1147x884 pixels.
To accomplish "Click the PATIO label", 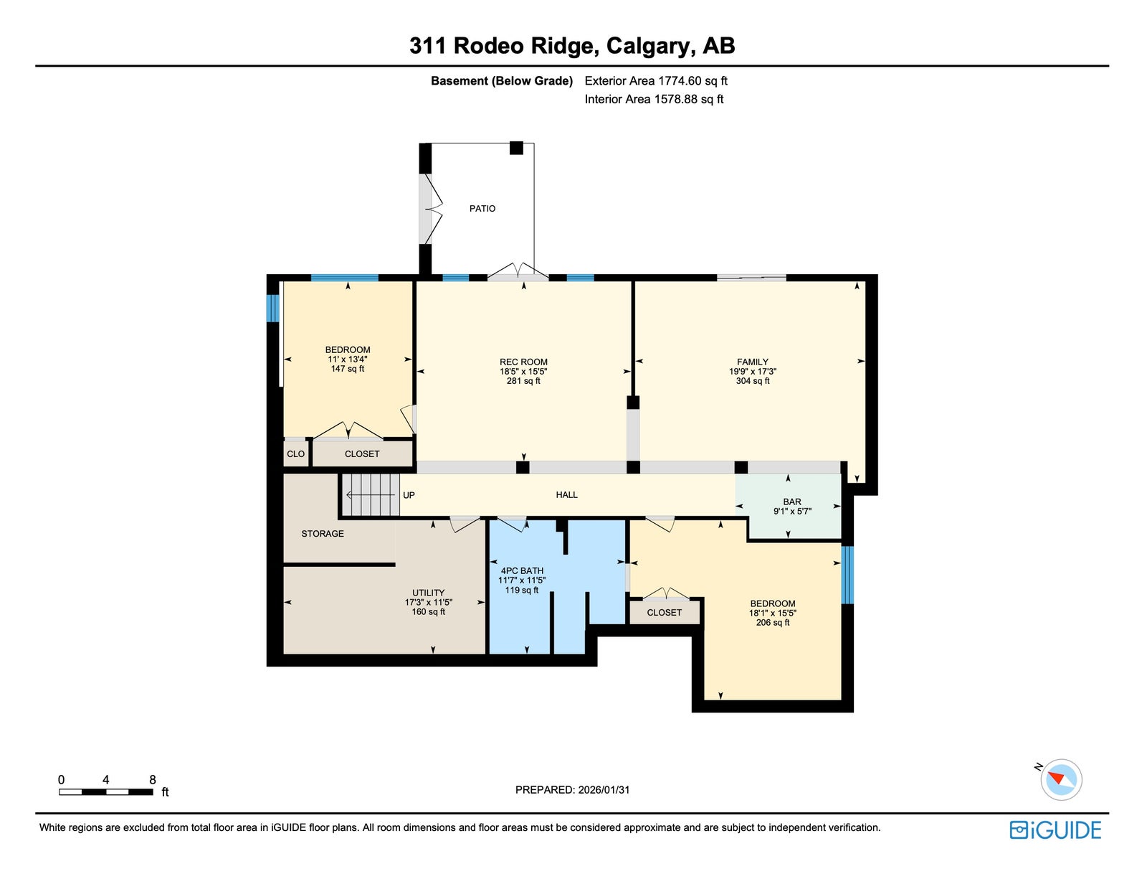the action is click(482, 209).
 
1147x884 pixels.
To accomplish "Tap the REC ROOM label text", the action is click(523, 362).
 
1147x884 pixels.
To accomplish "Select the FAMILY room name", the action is click(752, 362).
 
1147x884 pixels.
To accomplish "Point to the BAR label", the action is click(791, 502).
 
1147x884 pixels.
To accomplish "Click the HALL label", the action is click(566, 495).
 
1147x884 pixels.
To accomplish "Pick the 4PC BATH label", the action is click(521, 571).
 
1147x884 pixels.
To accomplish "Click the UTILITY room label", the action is click(428, 593).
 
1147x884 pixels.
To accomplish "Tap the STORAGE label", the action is click(322, 534).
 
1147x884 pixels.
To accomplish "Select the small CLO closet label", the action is click(295, 454).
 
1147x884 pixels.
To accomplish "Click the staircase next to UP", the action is click(371, 495).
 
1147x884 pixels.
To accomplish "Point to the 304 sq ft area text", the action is click(753, 381).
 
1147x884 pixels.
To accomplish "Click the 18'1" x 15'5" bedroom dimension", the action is click(772, 613).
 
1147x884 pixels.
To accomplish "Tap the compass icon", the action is click(1060, 780).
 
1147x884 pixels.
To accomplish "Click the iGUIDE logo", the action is click(1055, 830).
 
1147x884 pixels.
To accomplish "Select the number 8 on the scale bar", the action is click(153, 780).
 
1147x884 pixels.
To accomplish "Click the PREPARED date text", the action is click(572, 790).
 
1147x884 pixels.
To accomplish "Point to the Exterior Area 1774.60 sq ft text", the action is click(655, 81).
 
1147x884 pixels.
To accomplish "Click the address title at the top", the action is click(572, 45).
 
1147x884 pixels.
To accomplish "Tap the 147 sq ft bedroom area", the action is click(347, 369).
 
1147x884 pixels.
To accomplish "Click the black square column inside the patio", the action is click(516, 148).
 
